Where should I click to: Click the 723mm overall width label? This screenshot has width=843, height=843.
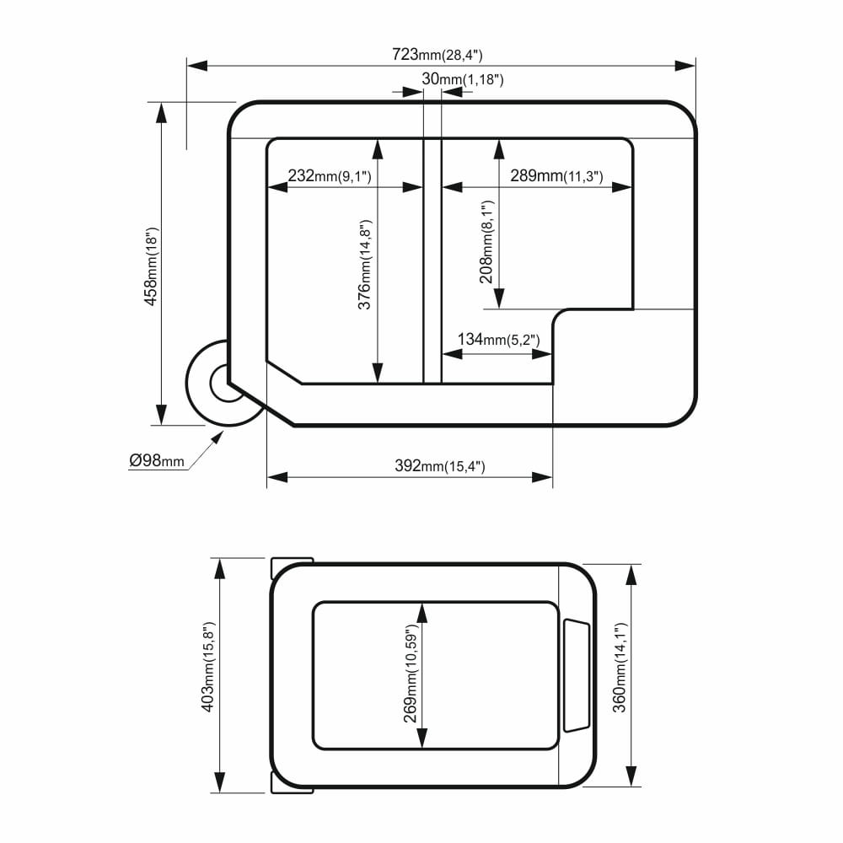coord(437,55)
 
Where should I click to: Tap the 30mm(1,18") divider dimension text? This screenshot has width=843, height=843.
coord(462,79)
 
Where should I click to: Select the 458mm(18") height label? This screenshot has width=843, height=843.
coord(151,266)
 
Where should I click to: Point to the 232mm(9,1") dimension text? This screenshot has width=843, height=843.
coord(329,176)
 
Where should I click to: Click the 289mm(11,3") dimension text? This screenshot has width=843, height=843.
coord(556,176)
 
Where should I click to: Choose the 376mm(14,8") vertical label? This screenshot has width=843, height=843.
coord(364,265)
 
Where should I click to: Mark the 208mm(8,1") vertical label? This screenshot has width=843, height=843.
coord(486,242)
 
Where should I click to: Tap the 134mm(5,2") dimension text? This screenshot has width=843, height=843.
coord(498,339)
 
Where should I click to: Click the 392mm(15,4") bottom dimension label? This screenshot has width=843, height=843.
coord(440,465)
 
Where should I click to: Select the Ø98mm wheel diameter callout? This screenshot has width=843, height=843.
coord(157,461)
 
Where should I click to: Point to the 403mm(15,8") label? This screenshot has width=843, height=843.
coord(207,667)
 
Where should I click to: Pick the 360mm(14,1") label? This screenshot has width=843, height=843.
coord(620,668)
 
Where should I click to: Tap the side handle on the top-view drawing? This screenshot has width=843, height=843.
coord(577,676)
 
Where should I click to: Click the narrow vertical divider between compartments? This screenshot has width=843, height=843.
coord(432,261)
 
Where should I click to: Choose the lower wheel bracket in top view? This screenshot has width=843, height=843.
coord(292,786)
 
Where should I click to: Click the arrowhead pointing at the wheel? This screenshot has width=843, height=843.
coord(217,437)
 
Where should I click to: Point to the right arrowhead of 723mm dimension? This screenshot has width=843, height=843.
coord(685,66)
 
